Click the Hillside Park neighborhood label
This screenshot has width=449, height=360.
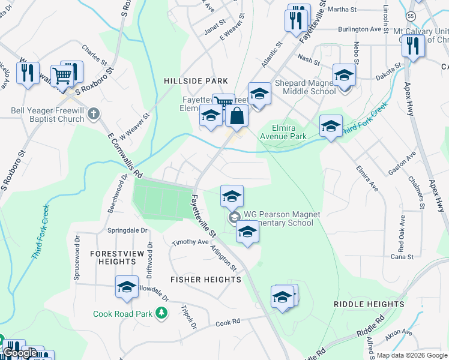coord(196,80)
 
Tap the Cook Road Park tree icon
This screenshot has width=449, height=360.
coord(161,313)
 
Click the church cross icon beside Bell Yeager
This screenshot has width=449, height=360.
coord(93,113)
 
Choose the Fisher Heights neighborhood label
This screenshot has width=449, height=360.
coord(206,280)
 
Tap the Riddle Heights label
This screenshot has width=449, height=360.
coord(369,304)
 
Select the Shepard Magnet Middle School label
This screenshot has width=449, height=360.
coord(305,88)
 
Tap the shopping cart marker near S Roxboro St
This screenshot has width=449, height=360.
coord(62,76)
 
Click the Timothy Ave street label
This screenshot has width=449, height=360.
coord(190,242)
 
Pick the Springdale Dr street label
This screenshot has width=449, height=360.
coord(127,230)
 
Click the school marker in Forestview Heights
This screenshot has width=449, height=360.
coord(127,287)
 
